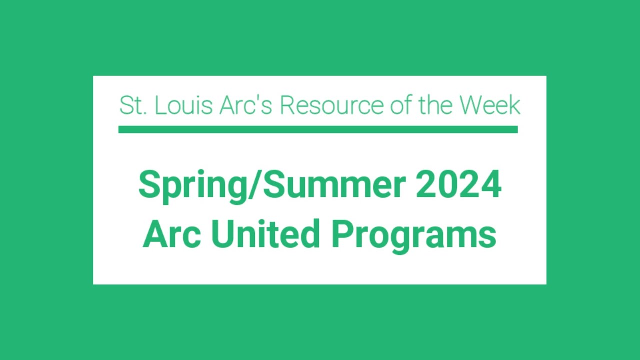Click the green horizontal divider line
pyautogui.click(x=318, y=130)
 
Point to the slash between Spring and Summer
pyautogui.click(x=258, y=185)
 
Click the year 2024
pyautogui.click(x=458, y=185)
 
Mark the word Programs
pyautogui.click(x=414, y=236)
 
